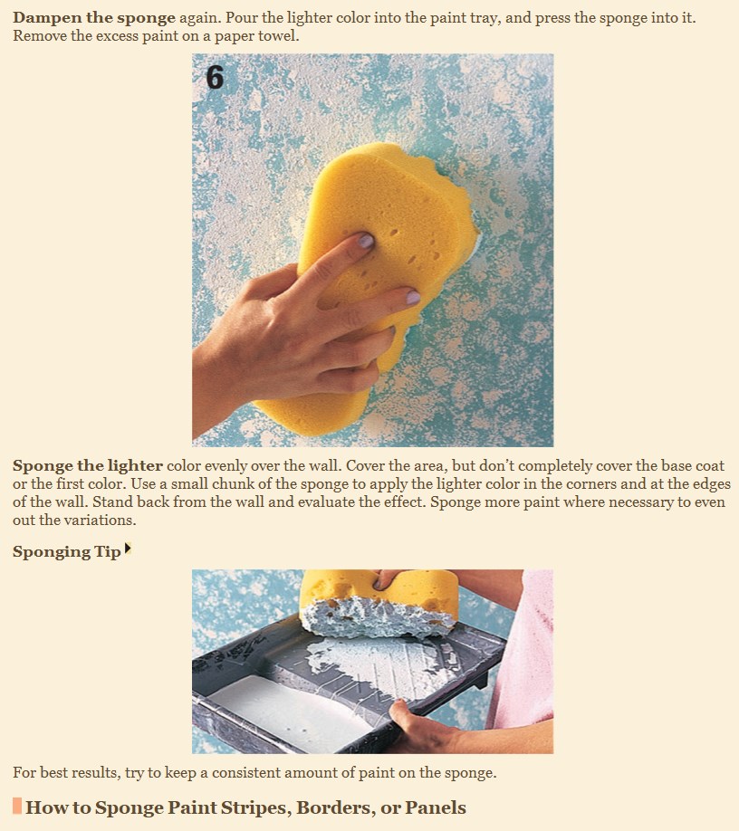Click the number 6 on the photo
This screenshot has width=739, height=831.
click(x=214, y=77)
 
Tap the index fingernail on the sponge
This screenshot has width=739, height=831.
click(x=366, y=242)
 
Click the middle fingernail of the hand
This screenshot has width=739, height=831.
click(x=413, y=297)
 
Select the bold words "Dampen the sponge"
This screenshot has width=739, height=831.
click(x=94, y=18)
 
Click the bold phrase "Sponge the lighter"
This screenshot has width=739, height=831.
click(x=88, y=466)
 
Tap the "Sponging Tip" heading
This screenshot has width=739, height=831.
click(x=67, y=551)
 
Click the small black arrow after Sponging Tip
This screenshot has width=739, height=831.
click(x=127, y=549)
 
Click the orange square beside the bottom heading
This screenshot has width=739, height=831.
click(x=17, y=806)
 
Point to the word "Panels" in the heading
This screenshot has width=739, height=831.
click(x=436, y=807)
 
